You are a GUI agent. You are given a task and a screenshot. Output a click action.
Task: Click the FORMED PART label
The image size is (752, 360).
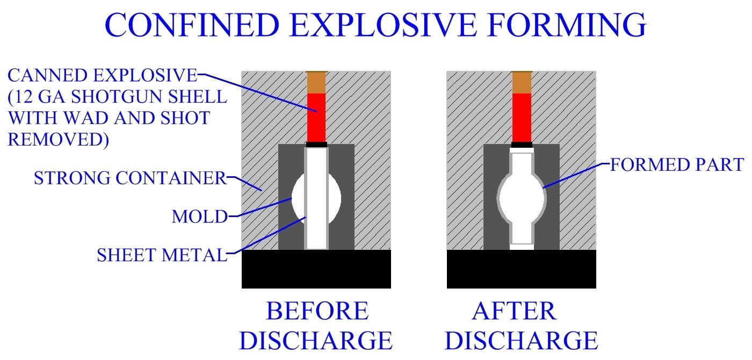(677, 164)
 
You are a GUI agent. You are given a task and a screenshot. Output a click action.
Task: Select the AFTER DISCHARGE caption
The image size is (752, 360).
(521, 326)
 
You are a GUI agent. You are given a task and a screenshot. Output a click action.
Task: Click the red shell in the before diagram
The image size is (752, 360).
(316, 117)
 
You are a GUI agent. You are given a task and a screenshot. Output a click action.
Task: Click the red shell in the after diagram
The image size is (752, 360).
(522, 117)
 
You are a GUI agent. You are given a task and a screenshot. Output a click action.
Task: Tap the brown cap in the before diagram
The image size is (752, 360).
(316, 82)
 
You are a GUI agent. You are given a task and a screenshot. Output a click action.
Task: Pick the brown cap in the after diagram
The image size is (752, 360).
(522, 82)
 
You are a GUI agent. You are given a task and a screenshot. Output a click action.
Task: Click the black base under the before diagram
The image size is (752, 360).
(316, 269)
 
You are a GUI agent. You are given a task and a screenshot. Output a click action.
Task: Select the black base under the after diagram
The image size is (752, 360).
(521, 269)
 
